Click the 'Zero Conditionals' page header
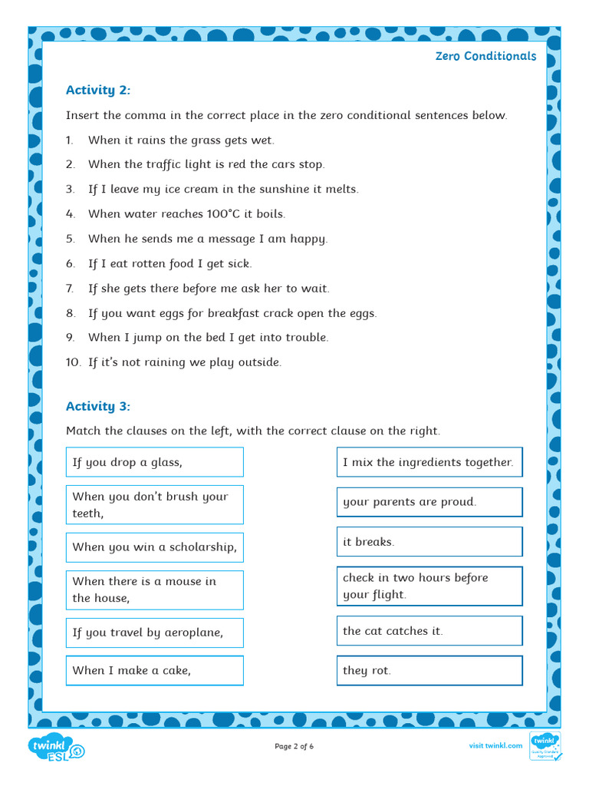[x=485, y=56]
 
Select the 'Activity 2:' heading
[x=98, y=90]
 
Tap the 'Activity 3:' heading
[x=98, y=406]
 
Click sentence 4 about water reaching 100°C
[x=186, y=213]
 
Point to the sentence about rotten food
[x=169, y=263]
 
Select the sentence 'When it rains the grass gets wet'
[x=181, y=140]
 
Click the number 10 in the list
[x=73, y=362]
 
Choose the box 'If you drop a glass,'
[x=154, y=462]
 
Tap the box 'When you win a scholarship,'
[x=154, y=547]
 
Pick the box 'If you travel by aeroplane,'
[x=154, y=633]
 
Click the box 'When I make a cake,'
[x=154, y=670]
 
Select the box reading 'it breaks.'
[x=429, y=542]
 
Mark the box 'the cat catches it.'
[x=429, y=631]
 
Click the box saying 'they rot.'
[x=429, y=670]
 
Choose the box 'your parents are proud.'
[x=429, y=502]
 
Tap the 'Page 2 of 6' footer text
[x=294, y=746]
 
